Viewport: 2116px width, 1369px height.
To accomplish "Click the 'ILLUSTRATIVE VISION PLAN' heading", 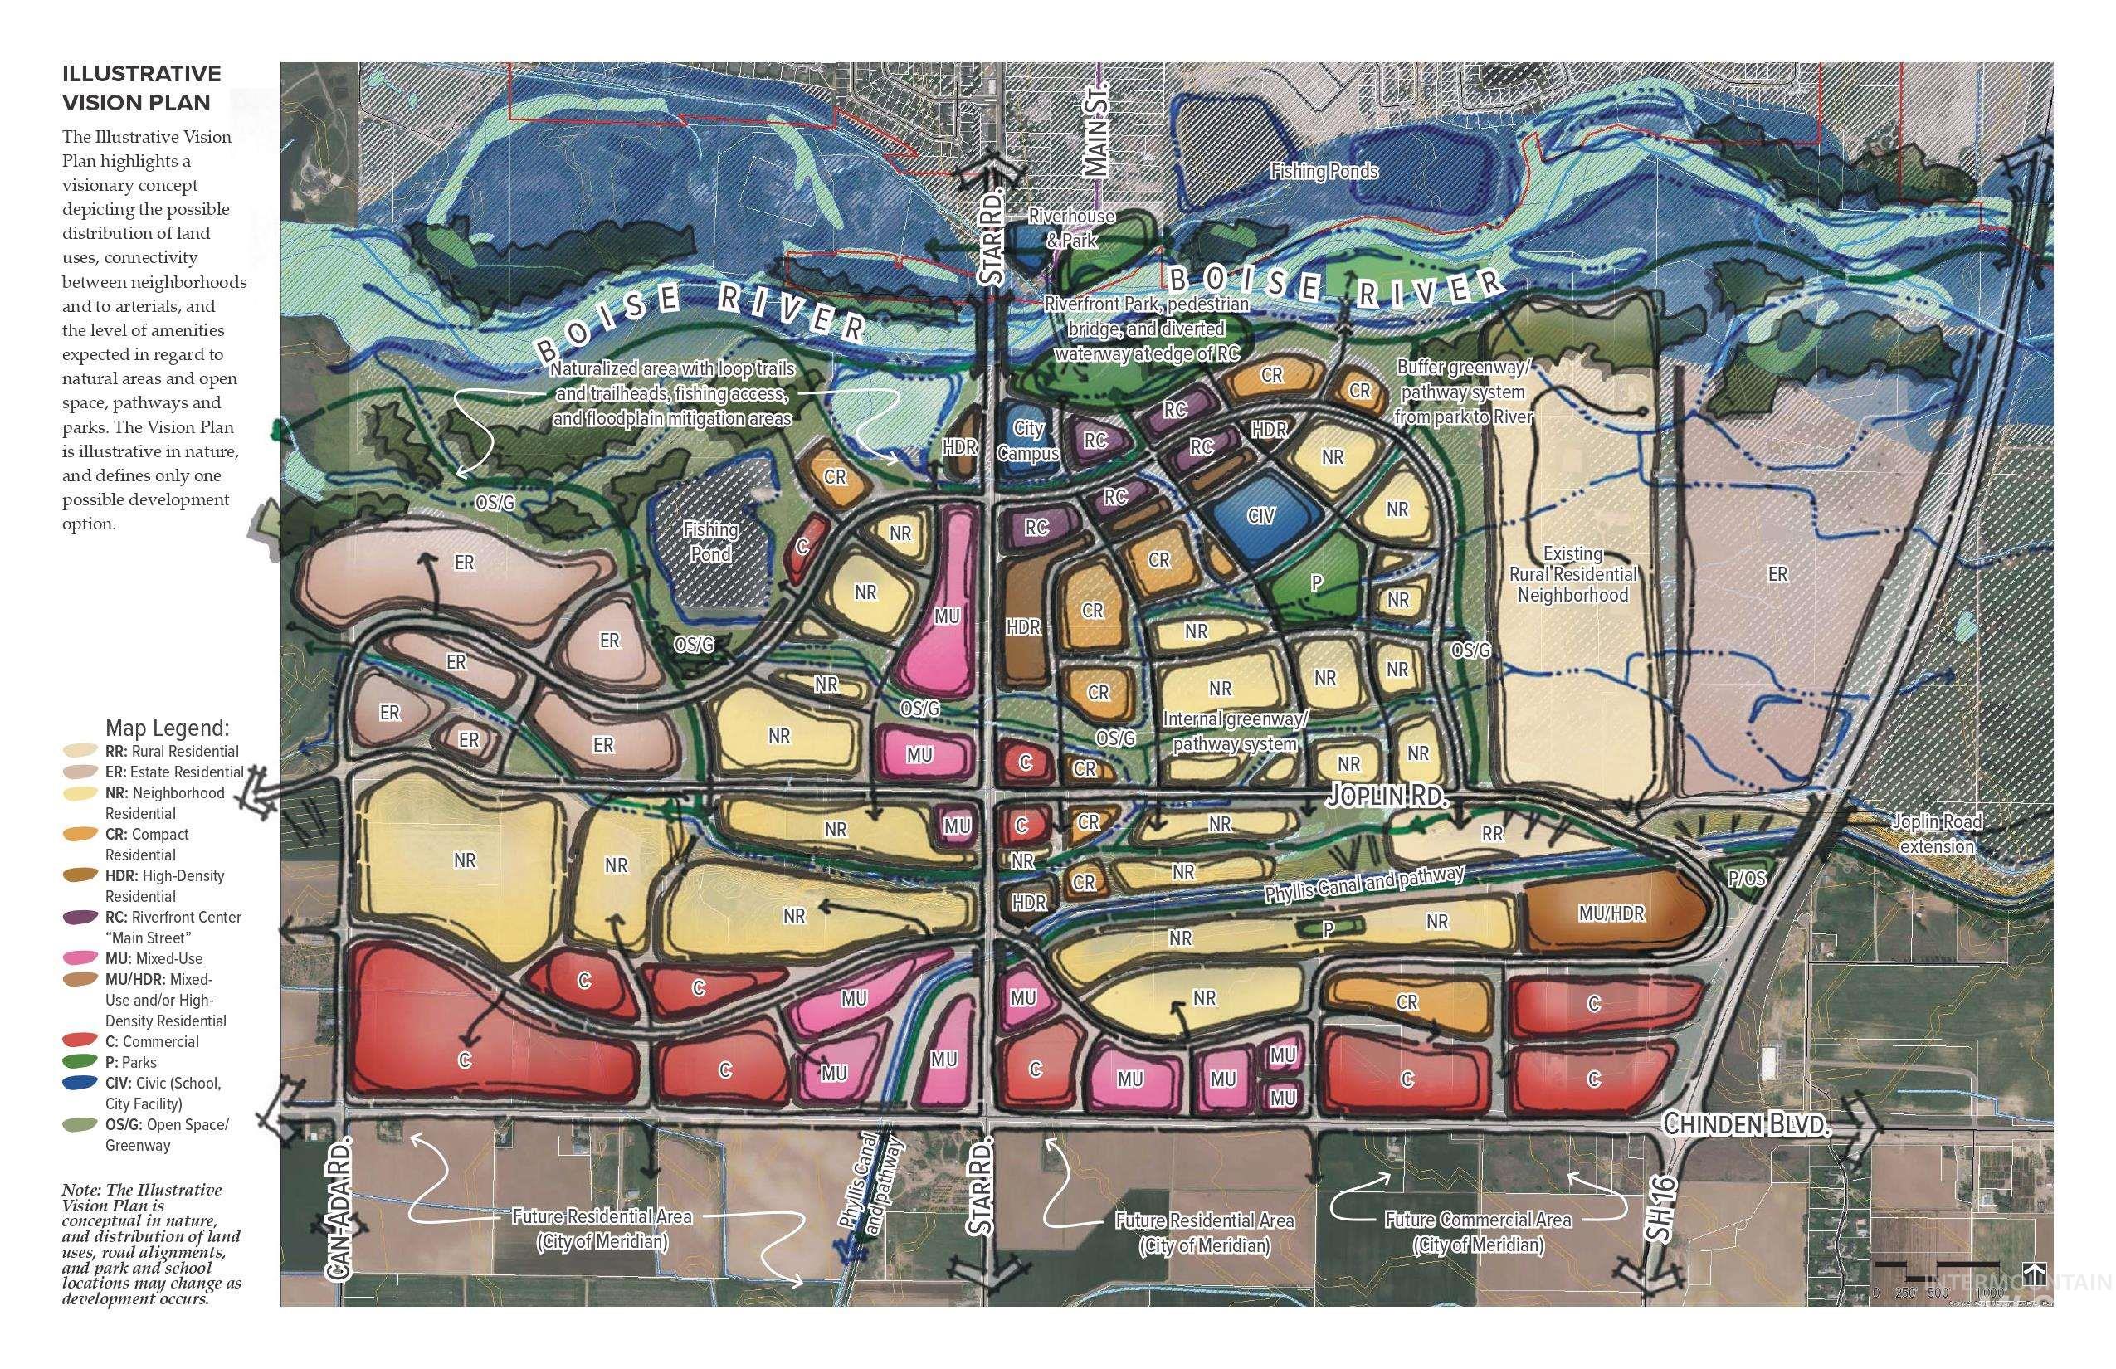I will [141, 88].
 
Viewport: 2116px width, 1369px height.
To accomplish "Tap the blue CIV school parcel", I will [1260, 515].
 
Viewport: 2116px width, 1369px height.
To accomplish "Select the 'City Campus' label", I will [1028, 440].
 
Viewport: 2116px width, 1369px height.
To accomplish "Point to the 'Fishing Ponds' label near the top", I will [1324, 171].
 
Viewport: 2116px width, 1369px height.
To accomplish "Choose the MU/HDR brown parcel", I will [1611, 913].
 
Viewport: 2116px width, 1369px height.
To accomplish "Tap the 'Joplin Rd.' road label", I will [1387, 796].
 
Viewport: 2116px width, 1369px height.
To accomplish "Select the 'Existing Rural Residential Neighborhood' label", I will [1572, 574].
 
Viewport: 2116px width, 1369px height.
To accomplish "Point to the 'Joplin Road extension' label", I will [1937, 834].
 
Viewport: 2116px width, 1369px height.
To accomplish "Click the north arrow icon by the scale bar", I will [2030, 1269].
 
